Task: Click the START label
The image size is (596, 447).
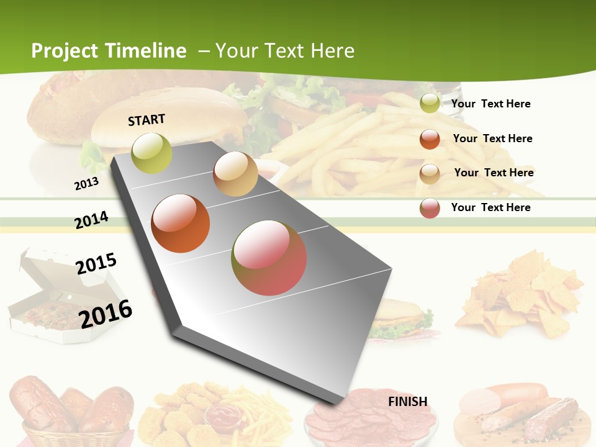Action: click(x=147, y=120)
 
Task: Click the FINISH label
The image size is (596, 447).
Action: click(x=408, y=402)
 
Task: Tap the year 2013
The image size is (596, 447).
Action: click(x=86, y=184)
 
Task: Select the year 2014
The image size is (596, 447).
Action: click(x=91, y=220)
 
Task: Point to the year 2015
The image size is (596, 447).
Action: click(x=96, y=263)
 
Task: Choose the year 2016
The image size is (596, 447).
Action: click(x=106, y=314)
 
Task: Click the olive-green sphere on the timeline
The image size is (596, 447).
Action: click(x=152, y=153)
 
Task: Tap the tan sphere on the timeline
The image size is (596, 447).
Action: click(x=235, y=174)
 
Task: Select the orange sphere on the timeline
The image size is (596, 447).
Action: click(x=181, y=223)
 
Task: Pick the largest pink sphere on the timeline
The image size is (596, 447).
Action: click(x=269, y=258)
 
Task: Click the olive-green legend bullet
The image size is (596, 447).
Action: click(x=430, y=104)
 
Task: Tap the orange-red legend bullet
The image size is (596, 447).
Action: click(x=430, y=139)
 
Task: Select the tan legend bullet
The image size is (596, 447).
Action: click(x=430, y=174)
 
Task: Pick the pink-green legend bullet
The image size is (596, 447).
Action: click(x=430, y=208)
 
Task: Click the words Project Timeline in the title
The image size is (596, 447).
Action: click(x=109, y=51)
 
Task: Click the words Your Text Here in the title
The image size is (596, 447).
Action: click(x=284, y=51)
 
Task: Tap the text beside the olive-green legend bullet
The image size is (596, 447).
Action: click(x=490, y=104)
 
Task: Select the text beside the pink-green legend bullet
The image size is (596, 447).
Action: click(x=490, y=207)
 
